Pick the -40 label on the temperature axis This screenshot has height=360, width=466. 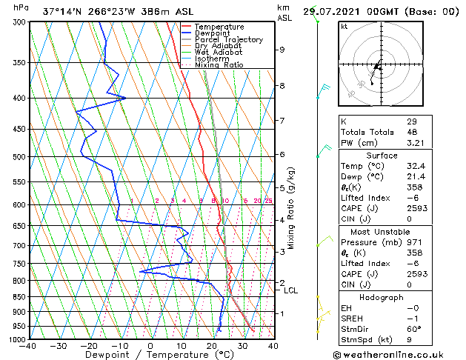[x=29, y=346]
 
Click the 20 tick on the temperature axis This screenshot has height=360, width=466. [x=211, y=346]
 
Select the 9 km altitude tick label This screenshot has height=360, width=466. [x=282, y=50]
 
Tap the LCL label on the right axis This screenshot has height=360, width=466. [x=291, y=290]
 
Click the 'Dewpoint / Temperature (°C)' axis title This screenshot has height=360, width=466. [x=150, y=355]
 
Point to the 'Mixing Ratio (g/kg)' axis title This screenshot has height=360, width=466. [x=292, y=207]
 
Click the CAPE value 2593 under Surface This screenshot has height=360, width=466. [x=416, y=208]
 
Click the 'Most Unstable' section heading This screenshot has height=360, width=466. [x=381, y=232]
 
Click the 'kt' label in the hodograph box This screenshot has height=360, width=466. [x=344, y=26]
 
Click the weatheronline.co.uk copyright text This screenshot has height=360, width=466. [x=398, y=354]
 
